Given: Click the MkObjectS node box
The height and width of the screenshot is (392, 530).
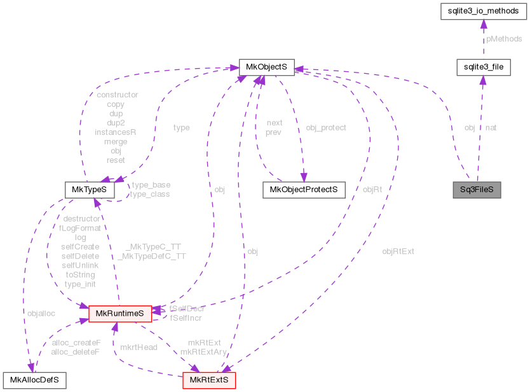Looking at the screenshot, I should (266, 66).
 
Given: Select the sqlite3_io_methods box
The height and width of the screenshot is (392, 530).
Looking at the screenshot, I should (483, 11).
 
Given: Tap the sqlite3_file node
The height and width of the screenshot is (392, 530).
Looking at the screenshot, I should (483, 66).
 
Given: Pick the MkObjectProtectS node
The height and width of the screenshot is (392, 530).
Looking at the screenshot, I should (303, 190).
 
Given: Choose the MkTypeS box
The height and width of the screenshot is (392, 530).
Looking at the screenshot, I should (90, 190).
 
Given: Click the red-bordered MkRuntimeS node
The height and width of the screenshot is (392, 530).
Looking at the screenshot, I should (119, 313).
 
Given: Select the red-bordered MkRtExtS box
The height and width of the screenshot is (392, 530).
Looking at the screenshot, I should (209, 381).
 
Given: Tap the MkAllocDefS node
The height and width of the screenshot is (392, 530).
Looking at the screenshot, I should (35, 381).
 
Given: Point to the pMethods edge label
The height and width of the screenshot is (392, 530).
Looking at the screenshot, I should (504, 39).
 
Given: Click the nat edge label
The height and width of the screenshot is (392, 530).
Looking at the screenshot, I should (491, 128).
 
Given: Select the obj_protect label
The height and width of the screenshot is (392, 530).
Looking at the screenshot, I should (326, 128).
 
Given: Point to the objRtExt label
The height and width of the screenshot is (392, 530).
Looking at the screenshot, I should (398, 251).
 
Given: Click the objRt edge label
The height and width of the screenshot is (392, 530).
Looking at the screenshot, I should (372, 190).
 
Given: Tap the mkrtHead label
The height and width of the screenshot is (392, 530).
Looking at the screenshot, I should (139, 347).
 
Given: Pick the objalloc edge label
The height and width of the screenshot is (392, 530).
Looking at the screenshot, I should (41, 313).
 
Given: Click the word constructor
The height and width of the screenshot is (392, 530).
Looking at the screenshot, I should (117, 95).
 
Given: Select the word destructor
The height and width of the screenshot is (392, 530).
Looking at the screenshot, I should (81, 218).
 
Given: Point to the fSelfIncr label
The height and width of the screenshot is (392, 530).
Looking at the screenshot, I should (186, 317).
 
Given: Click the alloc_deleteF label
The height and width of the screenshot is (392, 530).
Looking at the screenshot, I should (76, 352).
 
